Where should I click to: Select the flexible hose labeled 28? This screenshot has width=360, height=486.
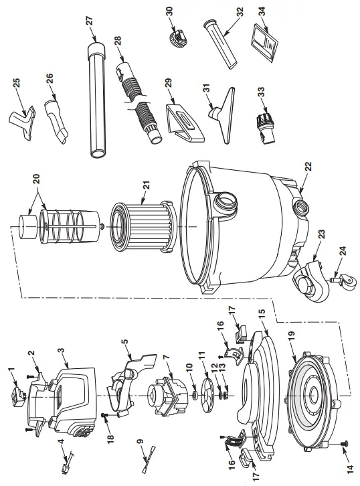[x=139, y=100]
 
